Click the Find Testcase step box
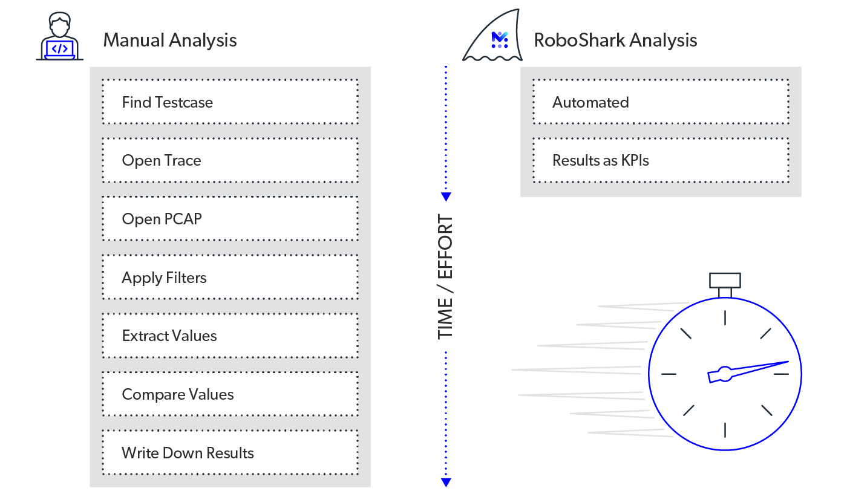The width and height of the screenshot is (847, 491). pyautogui.click(x=230, y=102)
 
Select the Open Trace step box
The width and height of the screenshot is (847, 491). pyautogui.click(x=230, y=161)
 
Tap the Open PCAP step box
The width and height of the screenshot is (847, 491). pyautogui.click(x=230, y=219)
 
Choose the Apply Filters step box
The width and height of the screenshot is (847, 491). pyautogui.click(x=230, y=278)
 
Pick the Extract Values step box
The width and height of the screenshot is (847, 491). pyautogui.click(x=230, y=336)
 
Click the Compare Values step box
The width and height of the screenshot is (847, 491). pyautogui.click(x=230, y=394)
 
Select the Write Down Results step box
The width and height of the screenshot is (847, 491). pyautogui.click(x=230, y=453)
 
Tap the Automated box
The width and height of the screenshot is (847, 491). pyautogui.click(x=661, y=102)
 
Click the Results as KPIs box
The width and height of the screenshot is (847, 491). pyautogui.click(x=661, y=161)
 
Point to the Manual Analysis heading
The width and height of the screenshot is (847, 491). pyautogui.click(x=170, y=41)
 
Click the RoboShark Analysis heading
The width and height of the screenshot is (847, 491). pyautogui.click(x=615, y=41)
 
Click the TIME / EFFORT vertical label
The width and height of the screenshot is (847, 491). pyautogui.click(x=445, y=276)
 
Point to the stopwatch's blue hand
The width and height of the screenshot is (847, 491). pyautogui.click(x=750, y=371)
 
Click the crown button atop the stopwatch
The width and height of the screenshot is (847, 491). pyautogui.click(x=725, y=280)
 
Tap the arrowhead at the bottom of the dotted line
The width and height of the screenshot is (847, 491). pyautogui.click(x=446, y=482)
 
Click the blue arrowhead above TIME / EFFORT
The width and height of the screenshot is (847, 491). pyautogui.click(x=446, y=197)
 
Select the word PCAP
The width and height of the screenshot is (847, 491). pyautogui.click(x=182, y=219)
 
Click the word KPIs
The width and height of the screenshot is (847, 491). pyautogui.click(x=635, y=161)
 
